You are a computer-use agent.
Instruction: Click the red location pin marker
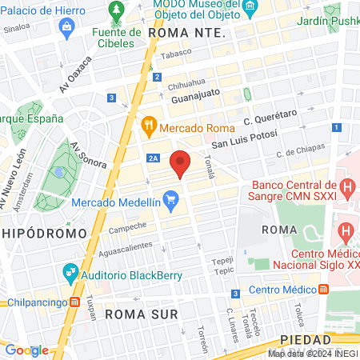181,163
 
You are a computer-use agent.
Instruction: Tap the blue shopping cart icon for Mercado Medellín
170,198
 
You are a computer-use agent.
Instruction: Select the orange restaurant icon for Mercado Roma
148,125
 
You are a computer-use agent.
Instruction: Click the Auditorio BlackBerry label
121,271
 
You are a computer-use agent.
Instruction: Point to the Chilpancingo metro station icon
74,302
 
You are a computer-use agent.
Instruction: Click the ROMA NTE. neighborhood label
186,33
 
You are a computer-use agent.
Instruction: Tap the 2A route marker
153,158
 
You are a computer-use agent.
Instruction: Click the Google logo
26,350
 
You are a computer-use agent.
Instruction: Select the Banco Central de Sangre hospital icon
346,189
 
